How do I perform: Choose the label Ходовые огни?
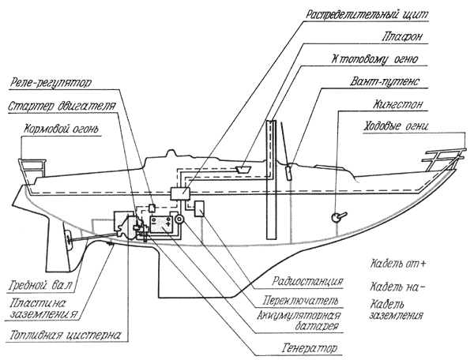[403, 126]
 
